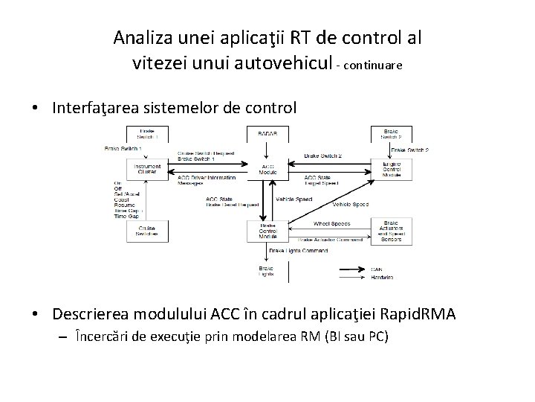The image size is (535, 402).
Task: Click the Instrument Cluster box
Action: point(148,170)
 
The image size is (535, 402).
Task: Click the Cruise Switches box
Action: point(148,231)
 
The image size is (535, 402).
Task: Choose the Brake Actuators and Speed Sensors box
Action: point(392,231)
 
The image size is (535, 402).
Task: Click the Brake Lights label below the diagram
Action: point(266,272)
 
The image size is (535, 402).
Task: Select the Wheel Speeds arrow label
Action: point(331,223)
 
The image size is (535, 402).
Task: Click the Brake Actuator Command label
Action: point(331,240)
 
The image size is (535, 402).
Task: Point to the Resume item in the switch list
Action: point(125,204)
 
